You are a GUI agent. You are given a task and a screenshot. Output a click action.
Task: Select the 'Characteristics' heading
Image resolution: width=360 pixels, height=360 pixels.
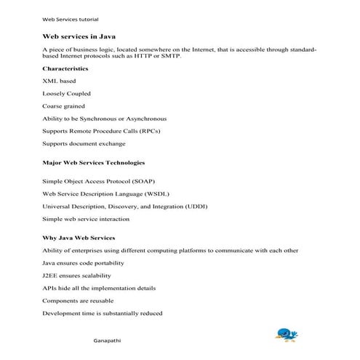(65, 68)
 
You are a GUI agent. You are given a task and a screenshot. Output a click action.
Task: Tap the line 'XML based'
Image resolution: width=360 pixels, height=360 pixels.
(59, 81)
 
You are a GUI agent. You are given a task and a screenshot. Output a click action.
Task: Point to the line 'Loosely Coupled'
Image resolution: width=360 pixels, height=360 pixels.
(66, 93)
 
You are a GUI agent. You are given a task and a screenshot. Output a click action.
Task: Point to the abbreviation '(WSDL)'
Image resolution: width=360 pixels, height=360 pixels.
(170, 193)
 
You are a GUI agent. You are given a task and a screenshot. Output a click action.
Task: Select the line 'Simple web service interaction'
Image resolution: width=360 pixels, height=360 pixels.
(86, 218)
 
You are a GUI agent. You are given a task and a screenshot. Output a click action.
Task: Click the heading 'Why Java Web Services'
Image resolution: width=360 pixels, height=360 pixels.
(79, 238)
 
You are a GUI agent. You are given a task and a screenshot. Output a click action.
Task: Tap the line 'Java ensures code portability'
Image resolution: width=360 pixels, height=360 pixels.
(84, 263)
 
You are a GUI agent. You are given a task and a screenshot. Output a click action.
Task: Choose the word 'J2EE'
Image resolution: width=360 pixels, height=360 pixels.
(50, 275)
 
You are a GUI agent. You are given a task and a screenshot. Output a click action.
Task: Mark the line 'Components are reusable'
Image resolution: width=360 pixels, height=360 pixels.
(78, 300)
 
